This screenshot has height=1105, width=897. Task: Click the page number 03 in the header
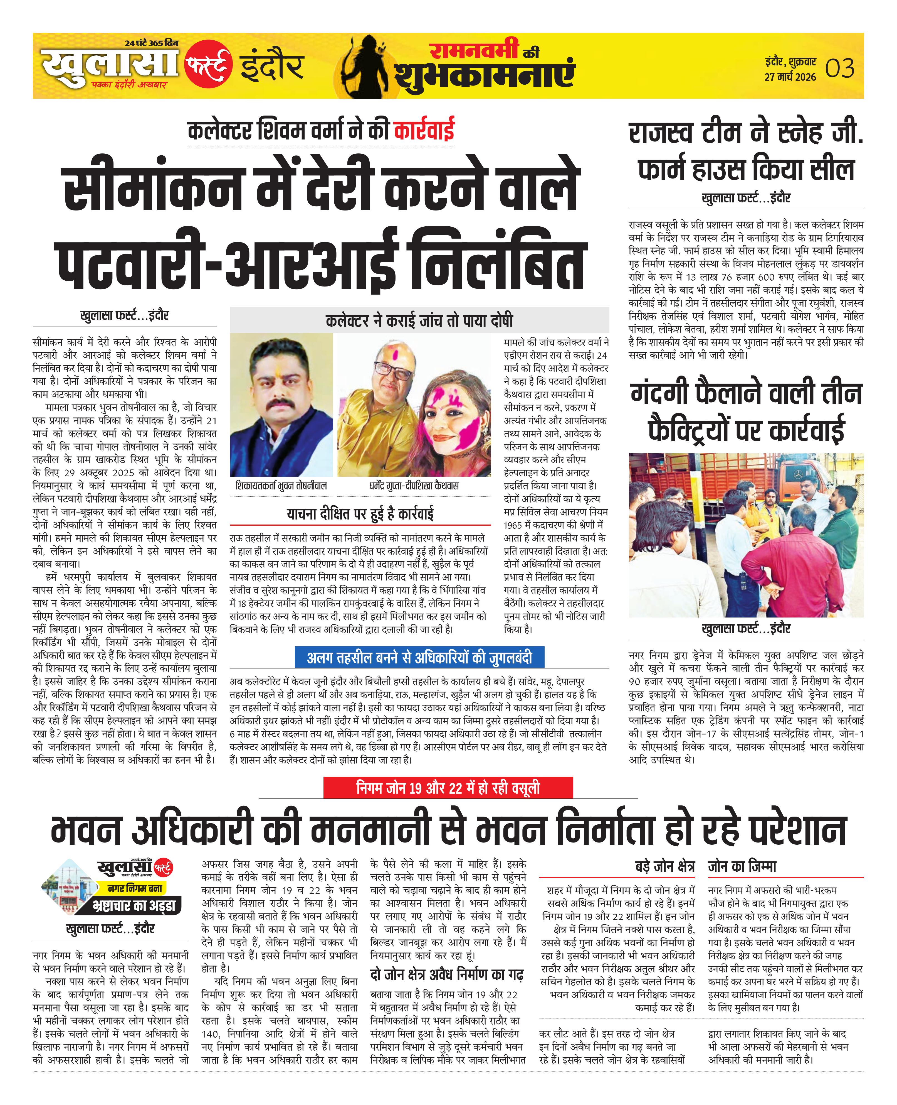click(x=840, y=69)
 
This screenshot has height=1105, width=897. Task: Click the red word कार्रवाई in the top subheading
click(x=424, y=130)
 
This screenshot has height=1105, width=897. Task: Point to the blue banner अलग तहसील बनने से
click(x=419, y=658)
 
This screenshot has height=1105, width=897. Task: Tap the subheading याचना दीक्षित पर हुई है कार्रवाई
click(x=360, y=514)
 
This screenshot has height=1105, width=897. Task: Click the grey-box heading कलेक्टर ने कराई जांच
click(x=419, y=321)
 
